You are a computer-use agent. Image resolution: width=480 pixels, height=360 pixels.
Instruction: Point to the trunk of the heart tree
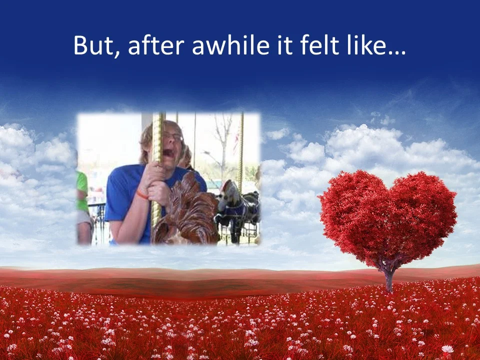[389, 280]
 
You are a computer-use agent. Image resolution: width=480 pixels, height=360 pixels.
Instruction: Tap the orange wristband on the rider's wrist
[142, 194]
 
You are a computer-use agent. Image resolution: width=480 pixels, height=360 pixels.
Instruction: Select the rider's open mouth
[171, 151]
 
